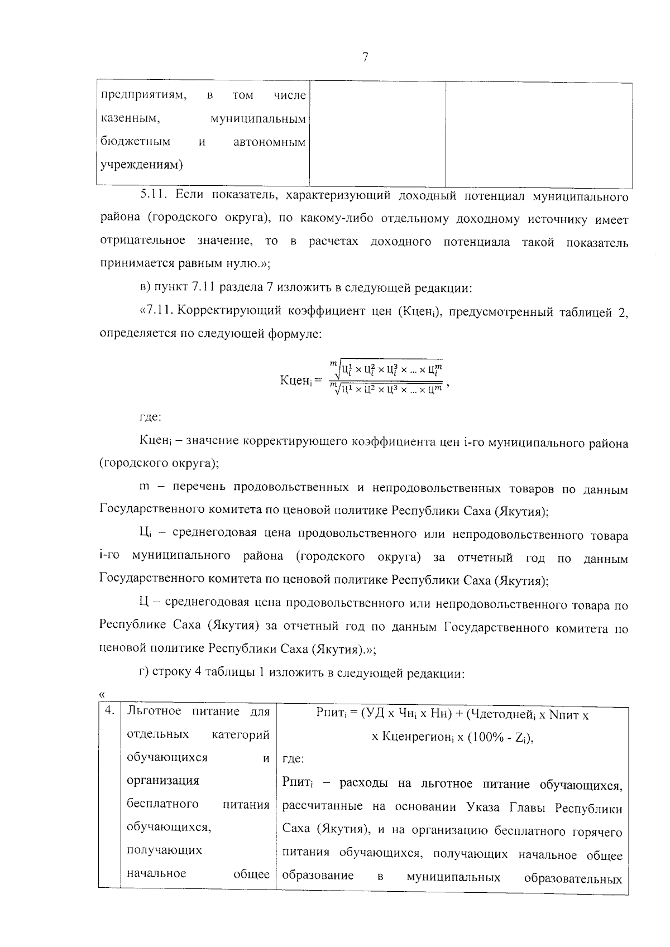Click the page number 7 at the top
click(x=365, y=57)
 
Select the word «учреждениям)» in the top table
click(x=142, y=165)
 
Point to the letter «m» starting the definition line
click(x=145, y=487)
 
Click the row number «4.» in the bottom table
click(x=109, y=711)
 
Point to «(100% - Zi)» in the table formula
click(x=502, y=737)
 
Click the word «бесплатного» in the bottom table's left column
click(x=162, y=804)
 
